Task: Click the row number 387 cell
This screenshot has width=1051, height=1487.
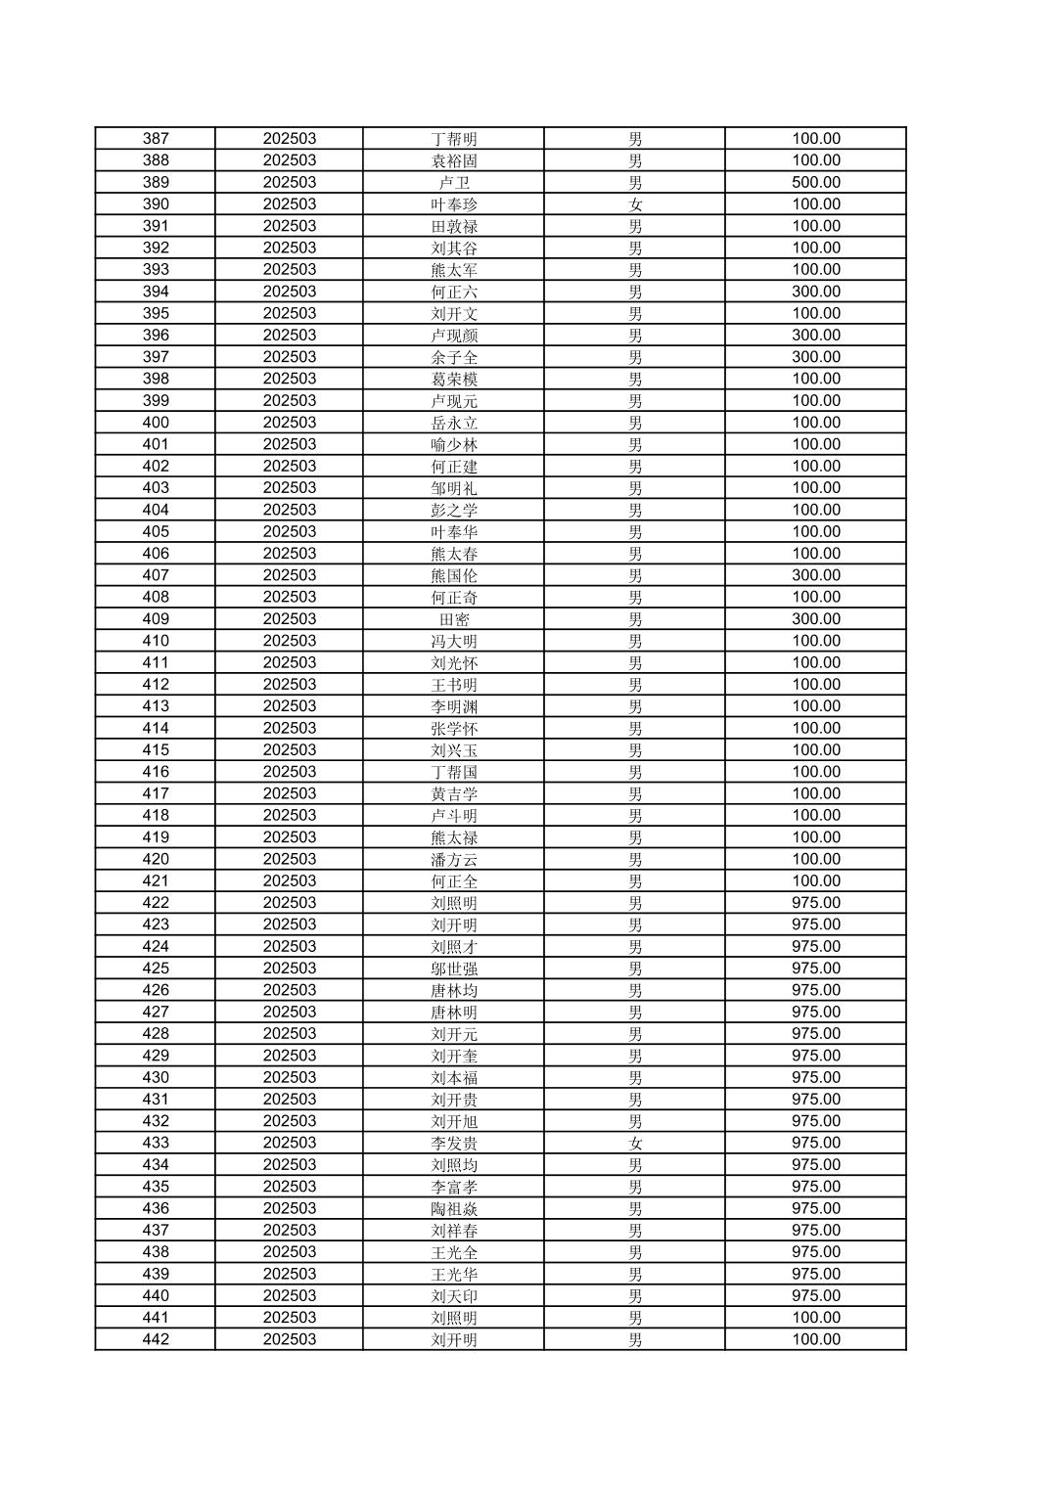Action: tap(156, 139)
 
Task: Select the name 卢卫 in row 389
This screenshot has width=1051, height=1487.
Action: tap(454, 183)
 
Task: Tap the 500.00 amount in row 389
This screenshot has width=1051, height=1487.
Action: tap(816, 183)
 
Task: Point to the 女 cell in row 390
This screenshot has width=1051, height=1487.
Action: tap(635, 204)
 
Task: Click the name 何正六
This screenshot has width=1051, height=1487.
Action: tap(454, 292)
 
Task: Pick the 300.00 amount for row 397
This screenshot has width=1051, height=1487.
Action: tap(816, 357)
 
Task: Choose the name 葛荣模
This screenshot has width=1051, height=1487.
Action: tap(454, 380)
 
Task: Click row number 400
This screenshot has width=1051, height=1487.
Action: tap(156, 423)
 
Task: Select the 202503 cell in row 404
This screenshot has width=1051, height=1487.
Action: tap(290, 510)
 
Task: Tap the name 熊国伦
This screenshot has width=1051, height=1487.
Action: tap(454, 575)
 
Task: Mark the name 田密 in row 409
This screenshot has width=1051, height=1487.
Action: tap(454, 619)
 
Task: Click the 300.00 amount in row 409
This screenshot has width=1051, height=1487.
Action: tap(816, 619)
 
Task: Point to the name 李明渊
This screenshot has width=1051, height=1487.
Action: tap(454, 706)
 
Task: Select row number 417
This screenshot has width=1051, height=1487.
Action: tap(156, 793)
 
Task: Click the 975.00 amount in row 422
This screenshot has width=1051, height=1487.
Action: tap(816, 903)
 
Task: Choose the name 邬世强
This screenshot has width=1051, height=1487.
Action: tap(454, 969)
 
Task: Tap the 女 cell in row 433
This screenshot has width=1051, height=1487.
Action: tap(635, 1143)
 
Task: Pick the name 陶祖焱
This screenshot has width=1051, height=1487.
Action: tap(454, 1208)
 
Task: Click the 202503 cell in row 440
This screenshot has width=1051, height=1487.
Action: tap(290, 1296)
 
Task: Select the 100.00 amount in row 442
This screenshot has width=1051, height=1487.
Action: tap(816, 1339)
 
